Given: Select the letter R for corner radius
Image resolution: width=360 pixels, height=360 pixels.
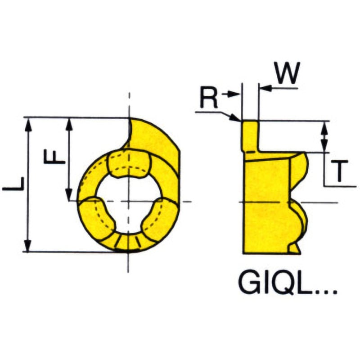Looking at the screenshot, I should (x=208, y=98).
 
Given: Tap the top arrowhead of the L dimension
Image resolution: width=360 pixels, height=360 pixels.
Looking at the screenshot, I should (x=28, y=123).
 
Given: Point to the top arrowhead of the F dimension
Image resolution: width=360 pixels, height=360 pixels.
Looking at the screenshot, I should (x=69, y=123).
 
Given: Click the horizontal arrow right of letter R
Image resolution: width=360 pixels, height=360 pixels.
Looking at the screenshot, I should (x=232, y=94).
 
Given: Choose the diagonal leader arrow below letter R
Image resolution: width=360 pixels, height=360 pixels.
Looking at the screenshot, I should (x=232, y=117).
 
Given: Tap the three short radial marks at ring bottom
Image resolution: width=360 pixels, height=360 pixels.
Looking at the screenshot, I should (x=128, y=241).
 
